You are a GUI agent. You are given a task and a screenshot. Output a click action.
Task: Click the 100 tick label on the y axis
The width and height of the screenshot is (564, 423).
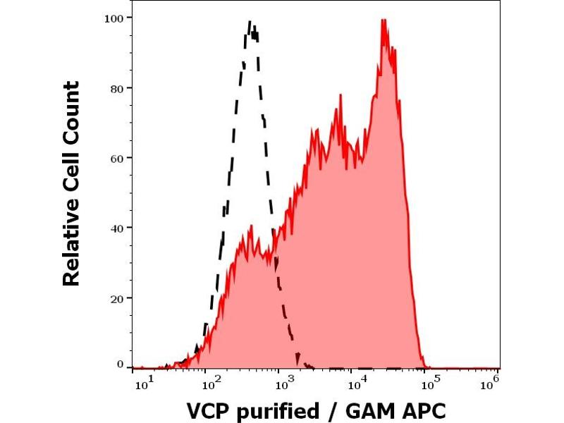click(116, 18)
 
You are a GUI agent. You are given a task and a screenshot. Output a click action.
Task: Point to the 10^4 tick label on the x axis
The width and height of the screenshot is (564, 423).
click(357, 383)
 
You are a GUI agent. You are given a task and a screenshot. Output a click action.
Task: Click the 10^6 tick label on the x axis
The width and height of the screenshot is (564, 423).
click(491, 383)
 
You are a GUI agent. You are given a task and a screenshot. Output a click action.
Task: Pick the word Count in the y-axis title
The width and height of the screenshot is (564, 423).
click(72, 112)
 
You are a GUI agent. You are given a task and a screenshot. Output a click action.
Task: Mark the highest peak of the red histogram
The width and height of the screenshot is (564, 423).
click(384, 20)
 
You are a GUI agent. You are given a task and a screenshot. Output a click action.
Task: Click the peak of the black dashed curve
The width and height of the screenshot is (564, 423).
click(251, 22)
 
